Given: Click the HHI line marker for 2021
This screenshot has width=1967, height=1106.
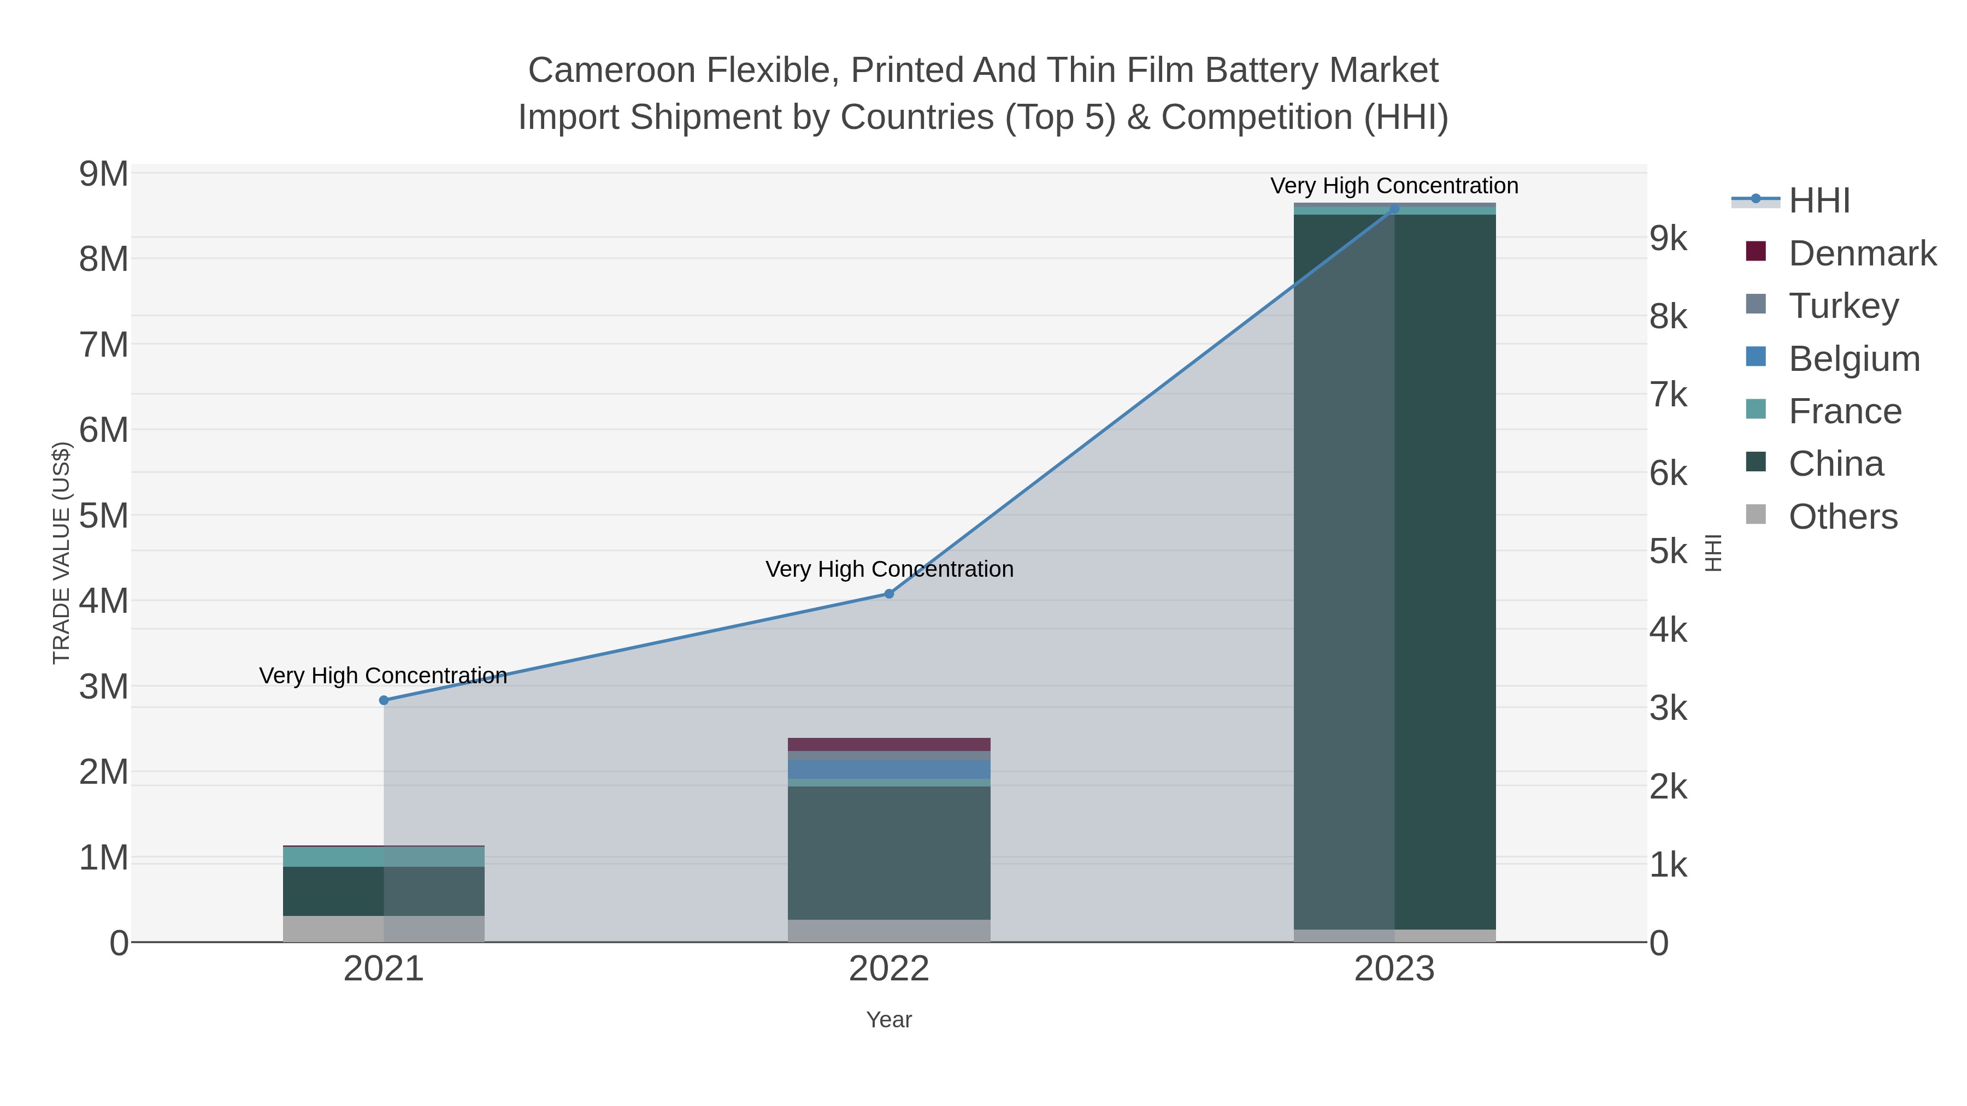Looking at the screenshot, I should (384, 700).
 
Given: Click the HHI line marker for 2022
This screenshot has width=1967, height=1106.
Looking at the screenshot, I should (889, 593).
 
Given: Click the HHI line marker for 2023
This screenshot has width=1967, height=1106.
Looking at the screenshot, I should (1394, 209).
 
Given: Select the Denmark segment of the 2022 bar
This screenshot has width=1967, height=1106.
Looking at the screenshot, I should (889, 744).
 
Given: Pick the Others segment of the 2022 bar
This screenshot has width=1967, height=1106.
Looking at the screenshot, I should (889, 931).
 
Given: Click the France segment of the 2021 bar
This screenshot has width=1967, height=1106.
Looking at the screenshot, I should (384, 856).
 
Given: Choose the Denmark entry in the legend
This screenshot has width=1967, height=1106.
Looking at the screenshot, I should (1862, 253).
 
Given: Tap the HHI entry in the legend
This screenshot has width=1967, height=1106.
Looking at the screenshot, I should (1819, 201).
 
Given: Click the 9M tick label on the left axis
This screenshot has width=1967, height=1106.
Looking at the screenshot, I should (104, 175).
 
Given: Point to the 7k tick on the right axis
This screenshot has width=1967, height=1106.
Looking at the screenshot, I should (1669, 395).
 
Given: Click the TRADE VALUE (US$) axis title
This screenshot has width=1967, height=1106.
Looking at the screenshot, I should (61, 553).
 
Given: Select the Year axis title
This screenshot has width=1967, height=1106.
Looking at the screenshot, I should (889, 1020).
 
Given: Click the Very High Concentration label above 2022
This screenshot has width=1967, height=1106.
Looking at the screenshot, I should (889, 570).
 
